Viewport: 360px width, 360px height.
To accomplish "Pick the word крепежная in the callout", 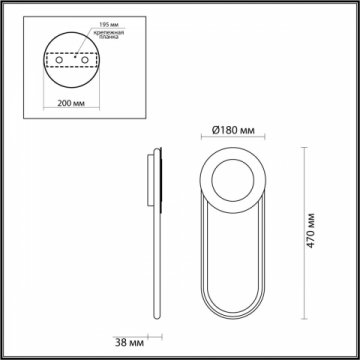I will (109, 33).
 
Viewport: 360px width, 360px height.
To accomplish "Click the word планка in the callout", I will (107, 41).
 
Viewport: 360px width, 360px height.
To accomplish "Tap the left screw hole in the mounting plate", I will (57, 60).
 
